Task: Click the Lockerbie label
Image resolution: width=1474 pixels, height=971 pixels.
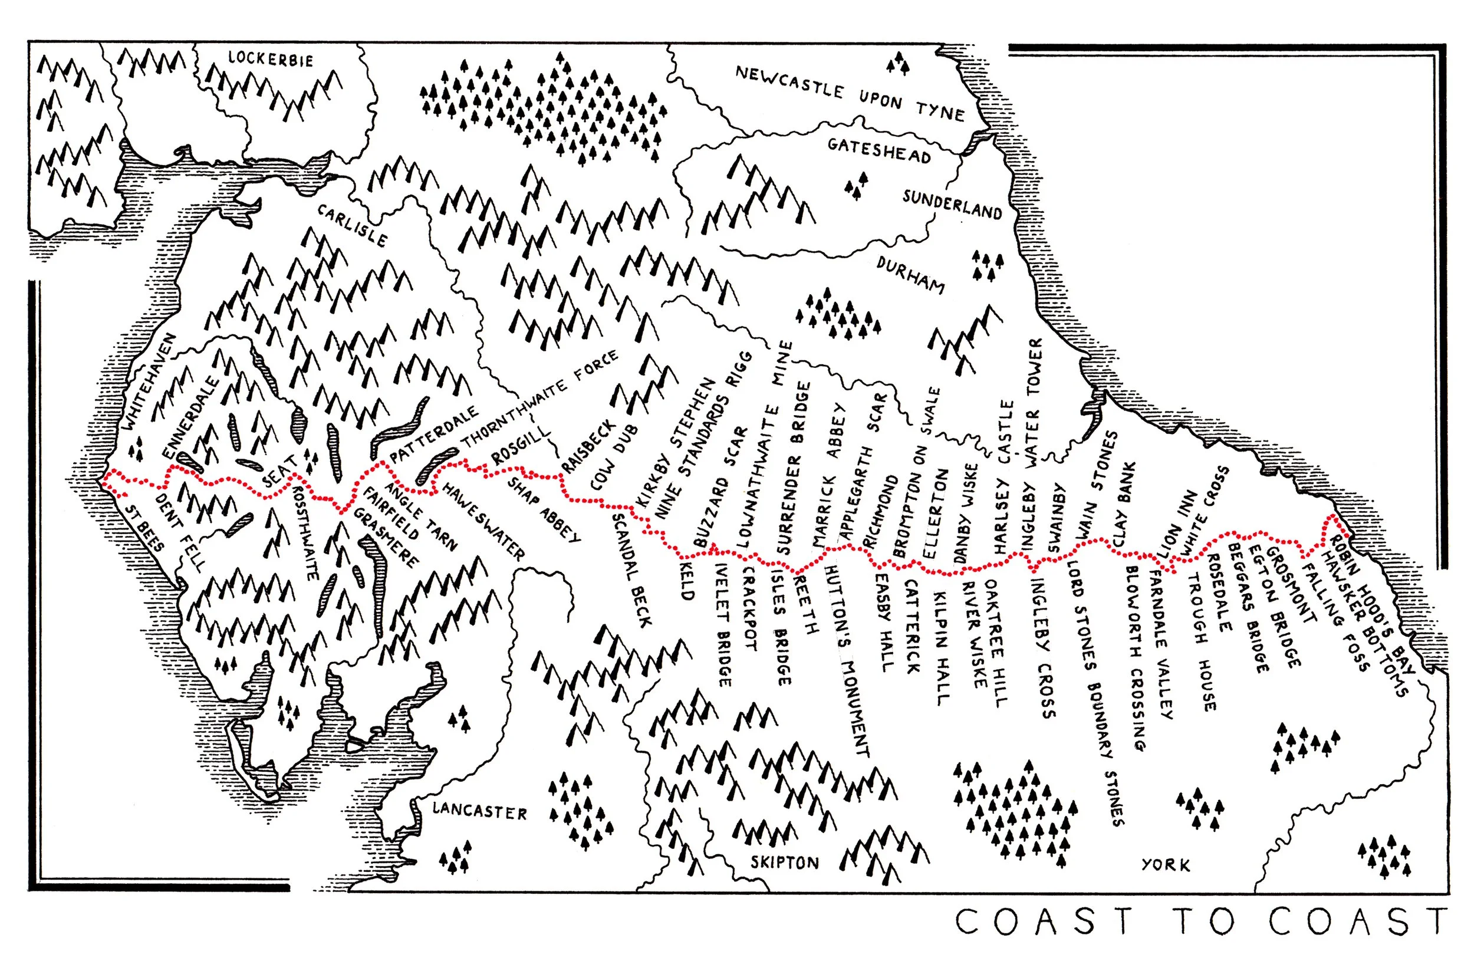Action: pyautogui.click(x=271, y=59)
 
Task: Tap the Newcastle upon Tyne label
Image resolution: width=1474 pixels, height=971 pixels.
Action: pyautogui.click(x=850, y=94)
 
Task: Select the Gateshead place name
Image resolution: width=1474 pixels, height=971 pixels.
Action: pyautogui.click(x=879, y=150)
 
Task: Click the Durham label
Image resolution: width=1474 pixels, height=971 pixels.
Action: pyautogui.click(x=910, y=275)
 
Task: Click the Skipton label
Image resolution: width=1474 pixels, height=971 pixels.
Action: pyautogui.click(x=785, y=862)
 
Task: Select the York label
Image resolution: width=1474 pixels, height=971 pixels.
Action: pyautogui.click(x=1166, y=864)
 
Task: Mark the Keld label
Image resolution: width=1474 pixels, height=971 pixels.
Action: pyautogui.click(x=686, y=580)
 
